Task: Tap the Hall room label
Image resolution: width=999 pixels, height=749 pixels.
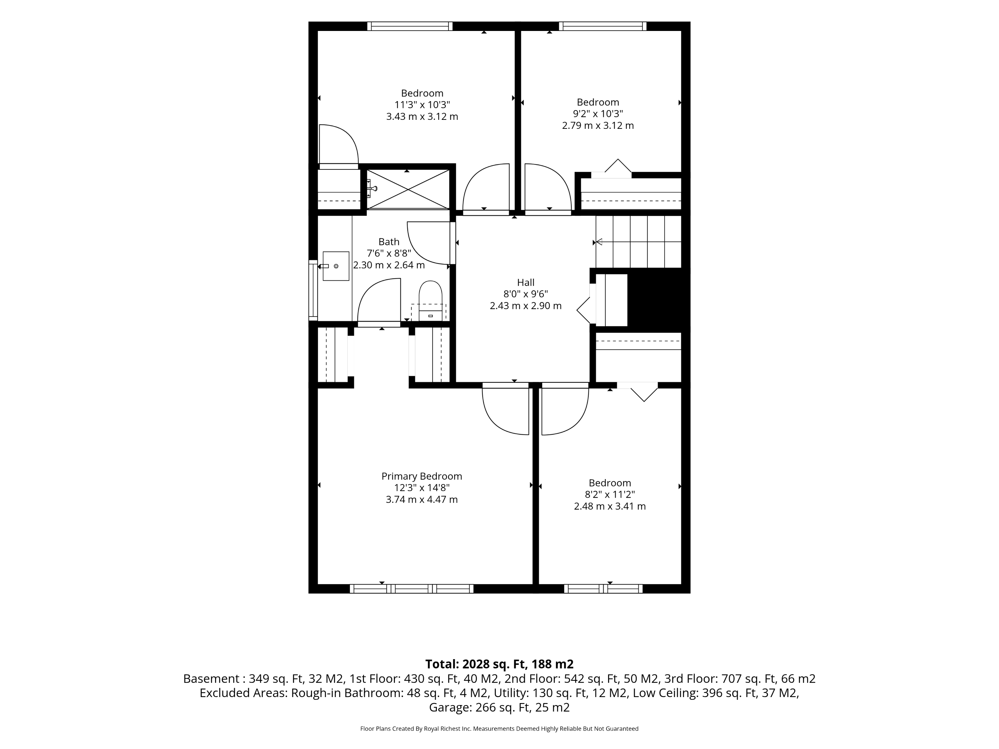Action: click(526, 283)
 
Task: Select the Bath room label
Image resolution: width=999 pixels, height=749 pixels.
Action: click(389, 242)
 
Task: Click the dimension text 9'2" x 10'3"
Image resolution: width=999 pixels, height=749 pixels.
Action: click(598, 114)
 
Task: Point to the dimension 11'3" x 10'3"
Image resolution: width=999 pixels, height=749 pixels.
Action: click(422, 105)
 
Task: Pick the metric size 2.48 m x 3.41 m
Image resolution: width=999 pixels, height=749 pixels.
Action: click(610, 506)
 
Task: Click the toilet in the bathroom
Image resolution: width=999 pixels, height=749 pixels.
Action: click(430, 301)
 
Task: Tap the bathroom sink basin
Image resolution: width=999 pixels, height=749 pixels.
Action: click(336, 266)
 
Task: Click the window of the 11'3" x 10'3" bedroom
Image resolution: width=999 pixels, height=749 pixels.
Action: click(410, 26)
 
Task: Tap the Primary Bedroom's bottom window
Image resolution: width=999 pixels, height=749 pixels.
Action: click(412, 589)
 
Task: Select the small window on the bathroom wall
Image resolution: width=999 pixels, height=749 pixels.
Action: click(313, 290)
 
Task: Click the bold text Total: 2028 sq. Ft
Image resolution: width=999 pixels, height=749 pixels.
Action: click(476, 664)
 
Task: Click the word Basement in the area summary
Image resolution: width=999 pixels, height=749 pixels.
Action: click(211, 678)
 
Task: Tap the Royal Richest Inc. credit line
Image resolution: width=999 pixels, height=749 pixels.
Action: click(499, 728)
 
